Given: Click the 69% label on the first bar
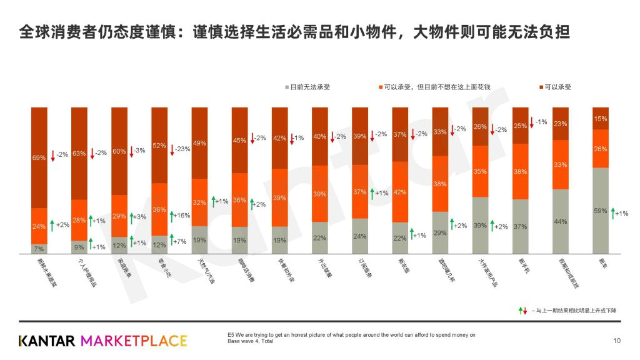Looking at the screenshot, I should [x=39, y=157].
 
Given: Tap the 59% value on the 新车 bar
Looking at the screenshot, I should [x=601, y=211].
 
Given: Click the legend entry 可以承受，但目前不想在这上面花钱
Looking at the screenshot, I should [x=435, y=87].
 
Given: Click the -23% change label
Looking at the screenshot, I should [x=182, y=149].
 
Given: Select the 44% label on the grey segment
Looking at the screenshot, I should [x=561, y=221].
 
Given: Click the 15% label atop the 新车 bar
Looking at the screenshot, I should [x=601, y=118].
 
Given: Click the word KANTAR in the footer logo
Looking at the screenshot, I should [x=47, y=341].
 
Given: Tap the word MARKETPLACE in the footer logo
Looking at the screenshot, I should [x=134, y=341].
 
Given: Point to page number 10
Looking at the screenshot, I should [x=617, y=341].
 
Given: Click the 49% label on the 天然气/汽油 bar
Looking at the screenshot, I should [x=199, y=143].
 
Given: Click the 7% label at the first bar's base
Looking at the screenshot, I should [x=39, y=248].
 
